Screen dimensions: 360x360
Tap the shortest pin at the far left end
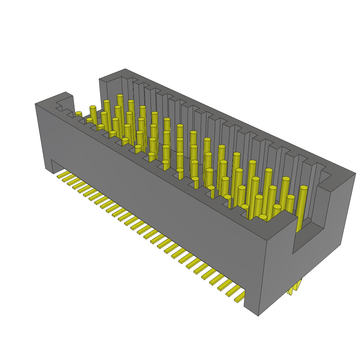coord(79,114)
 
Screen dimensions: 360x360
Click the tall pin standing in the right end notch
coord(302,207)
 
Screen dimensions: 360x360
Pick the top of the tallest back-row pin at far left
coord(120,96)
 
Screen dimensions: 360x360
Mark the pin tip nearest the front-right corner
coord(263,217)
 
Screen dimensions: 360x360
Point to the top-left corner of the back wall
coord(100,79)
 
